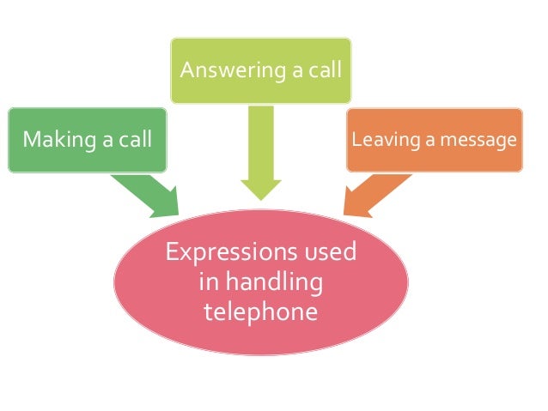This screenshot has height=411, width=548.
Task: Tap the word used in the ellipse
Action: click(x=328, y=253)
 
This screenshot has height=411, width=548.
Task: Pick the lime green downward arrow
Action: click(x=260, y=150)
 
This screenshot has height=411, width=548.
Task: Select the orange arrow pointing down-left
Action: click(x=379, y=190)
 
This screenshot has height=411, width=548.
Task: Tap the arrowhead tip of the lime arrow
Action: click(x=260, y=198)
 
